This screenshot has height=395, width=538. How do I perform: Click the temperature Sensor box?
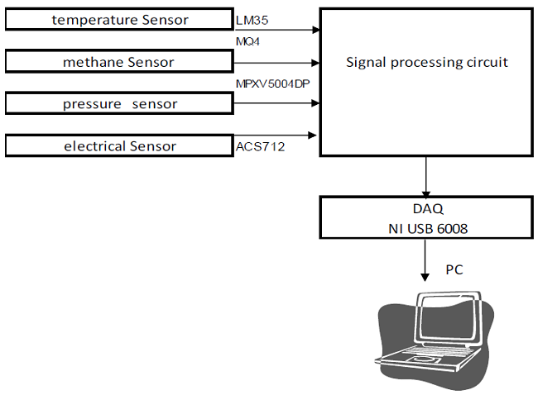click(119, 20)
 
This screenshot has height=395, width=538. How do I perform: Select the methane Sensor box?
click(119, 62)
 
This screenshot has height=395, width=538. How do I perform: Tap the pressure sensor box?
click(119, 104)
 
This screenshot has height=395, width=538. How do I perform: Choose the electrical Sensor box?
click(119, 146)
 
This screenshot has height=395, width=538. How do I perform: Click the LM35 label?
click(252, 19)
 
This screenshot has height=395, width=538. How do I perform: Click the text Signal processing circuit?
click(426, 62)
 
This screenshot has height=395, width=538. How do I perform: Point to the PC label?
click(454, 269)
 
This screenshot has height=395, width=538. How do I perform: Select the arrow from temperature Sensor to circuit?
click(277, 30)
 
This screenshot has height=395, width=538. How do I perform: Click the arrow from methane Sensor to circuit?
click(277, 63)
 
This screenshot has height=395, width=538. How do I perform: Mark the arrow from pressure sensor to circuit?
click(277, 103)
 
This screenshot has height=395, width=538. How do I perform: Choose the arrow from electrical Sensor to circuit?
click(277, 135)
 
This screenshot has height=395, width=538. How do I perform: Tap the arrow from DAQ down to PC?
click(426, 261)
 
